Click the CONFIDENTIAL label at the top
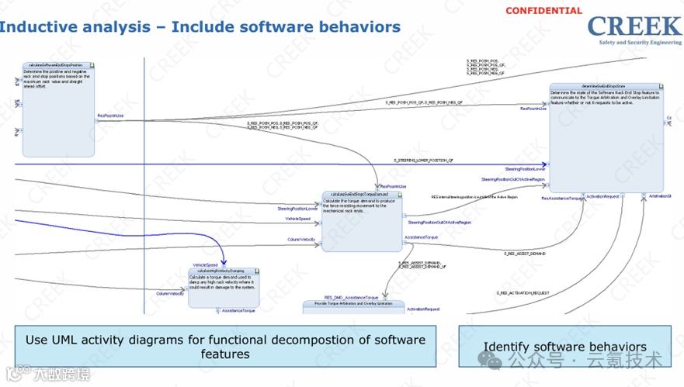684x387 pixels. point(543,11)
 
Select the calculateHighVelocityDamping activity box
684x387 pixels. point(224,288)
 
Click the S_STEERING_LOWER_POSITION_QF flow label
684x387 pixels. point(423,160)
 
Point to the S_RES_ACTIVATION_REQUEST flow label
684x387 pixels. point(523,293)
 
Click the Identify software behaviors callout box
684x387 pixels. point(565,346)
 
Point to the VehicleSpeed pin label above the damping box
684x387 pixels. point(205,265)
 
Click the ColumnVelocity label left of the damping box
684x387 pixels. point(170,294)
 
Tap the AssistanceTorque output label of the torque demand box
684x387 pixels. point(421,237)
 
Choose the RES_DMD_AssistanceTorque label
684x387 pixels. point(351,297)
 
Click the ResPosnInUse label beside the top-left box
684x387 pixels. point(110,116)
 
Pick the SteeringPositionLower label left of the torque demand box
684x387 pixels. point(297,209)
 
